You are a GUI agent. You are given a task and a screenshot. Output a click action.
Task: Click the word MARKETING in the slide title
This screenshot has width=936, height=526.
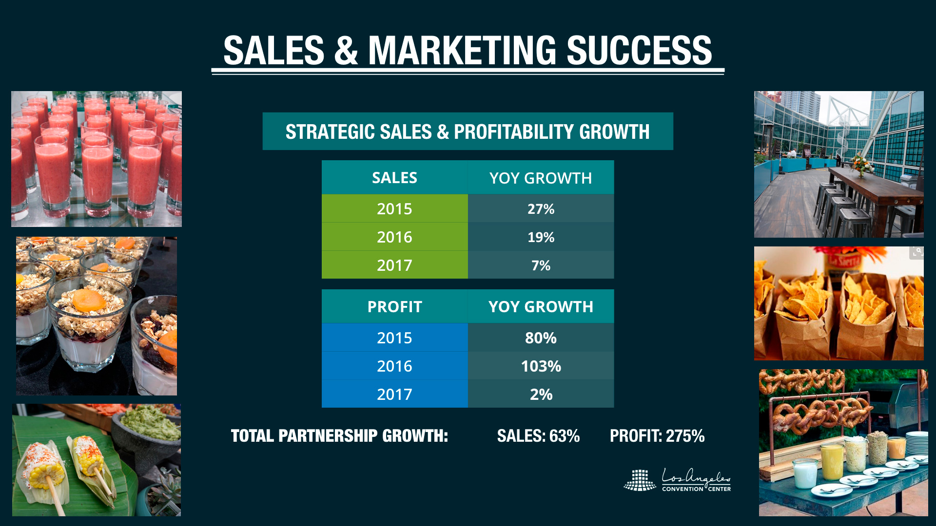pyautogui.click(x=462, y=51)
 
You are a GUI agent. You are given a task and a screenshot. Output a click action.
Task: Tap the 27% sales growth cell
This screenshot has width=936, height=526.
pyautogui.click(x=541, y=209)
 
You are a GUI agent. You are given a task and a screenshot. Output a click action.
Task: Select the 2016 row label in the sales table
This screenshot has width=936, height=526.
pyautogui.click(x=394, y=237)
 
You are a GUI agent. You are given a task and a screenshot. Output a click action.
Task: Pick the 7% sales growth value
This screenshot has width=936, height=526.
pyautogui.click(x=541, y=265)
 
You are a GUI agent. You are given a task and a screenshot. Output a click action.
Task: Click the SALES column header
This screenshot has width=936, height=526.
pyautogui.click(x=394, y=178)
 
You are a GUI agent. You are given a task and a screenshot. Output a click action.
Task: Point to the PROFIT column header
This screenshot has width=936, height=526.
pyautogui.click(x=394, y=307)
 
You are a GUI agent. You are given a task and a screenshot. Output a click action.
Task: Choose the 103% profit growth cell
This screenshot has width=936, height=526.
pyautogui.click(x=541, y=366)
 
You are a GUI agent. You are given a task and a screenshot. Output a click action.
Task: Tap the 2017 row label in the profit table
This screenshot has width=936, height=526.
pyautogui.click(x=394, y=394)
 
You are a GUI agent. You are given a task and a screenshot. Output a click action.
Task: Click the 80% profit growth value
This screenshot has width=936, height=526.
pyautogui.click(x=541, y=338)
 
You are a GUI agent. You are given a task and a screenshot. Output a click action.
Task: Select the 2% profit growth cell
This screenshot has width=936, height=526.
pyautogui.click(x=541, y=394)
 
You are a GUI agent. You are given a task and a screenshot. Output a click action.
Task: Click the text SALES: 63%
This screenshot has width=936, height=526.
pyautogui.click(x=538, y=436)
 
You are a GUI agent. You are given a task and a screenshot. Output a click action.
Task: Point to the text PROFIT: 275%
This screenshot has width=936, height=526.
pyautogui.click(x=657, y=436)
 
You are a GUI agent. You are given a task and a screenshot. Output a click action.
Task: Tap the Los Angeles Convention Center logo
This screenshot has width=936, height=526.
pyautogui.click(x=677, y=480)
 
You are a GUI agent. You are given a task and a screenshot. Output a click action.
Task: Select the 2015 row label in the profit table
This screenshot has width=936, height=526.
pyautogui.click(x=394, y=338)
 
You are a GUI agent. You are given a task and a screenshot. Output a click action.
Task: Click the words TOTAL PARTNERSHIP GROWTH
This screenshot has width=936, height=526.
pyautogui.click(x=339, y=436)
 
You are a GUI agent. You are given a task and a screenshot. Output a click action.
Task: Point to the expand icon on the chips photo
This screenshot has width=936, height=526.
pyautogui.click(x=916, y=253)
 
